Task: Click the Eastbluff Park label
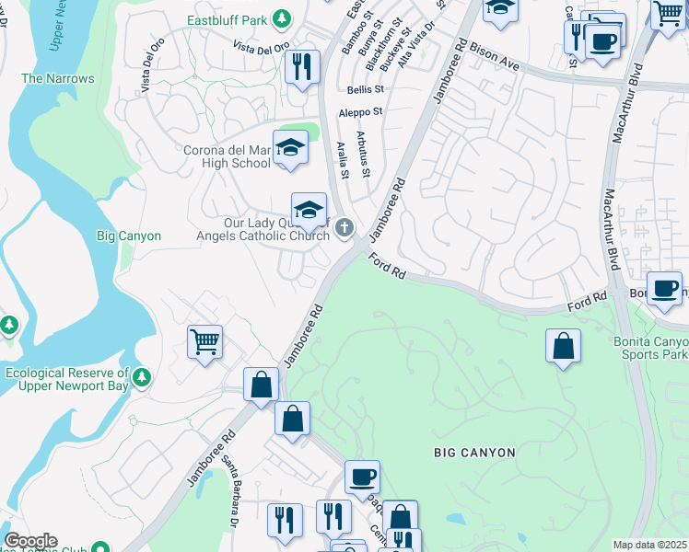228,18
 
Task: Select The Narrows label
57,79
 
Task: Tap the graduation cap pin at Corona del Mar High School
290,148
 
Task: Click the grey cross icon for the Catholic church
344,227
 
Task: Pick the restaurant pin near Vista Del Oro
302,68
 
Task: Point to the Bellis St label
366,90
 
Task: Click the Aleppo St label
360,111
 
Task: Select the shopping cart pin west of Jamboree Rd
204,341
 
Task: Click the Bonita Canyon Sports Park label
650,347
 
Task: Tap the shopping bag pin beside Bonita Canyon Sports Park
563,347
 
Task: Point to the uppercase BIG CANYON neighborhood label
474,453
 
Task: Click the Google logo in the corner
30,541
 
